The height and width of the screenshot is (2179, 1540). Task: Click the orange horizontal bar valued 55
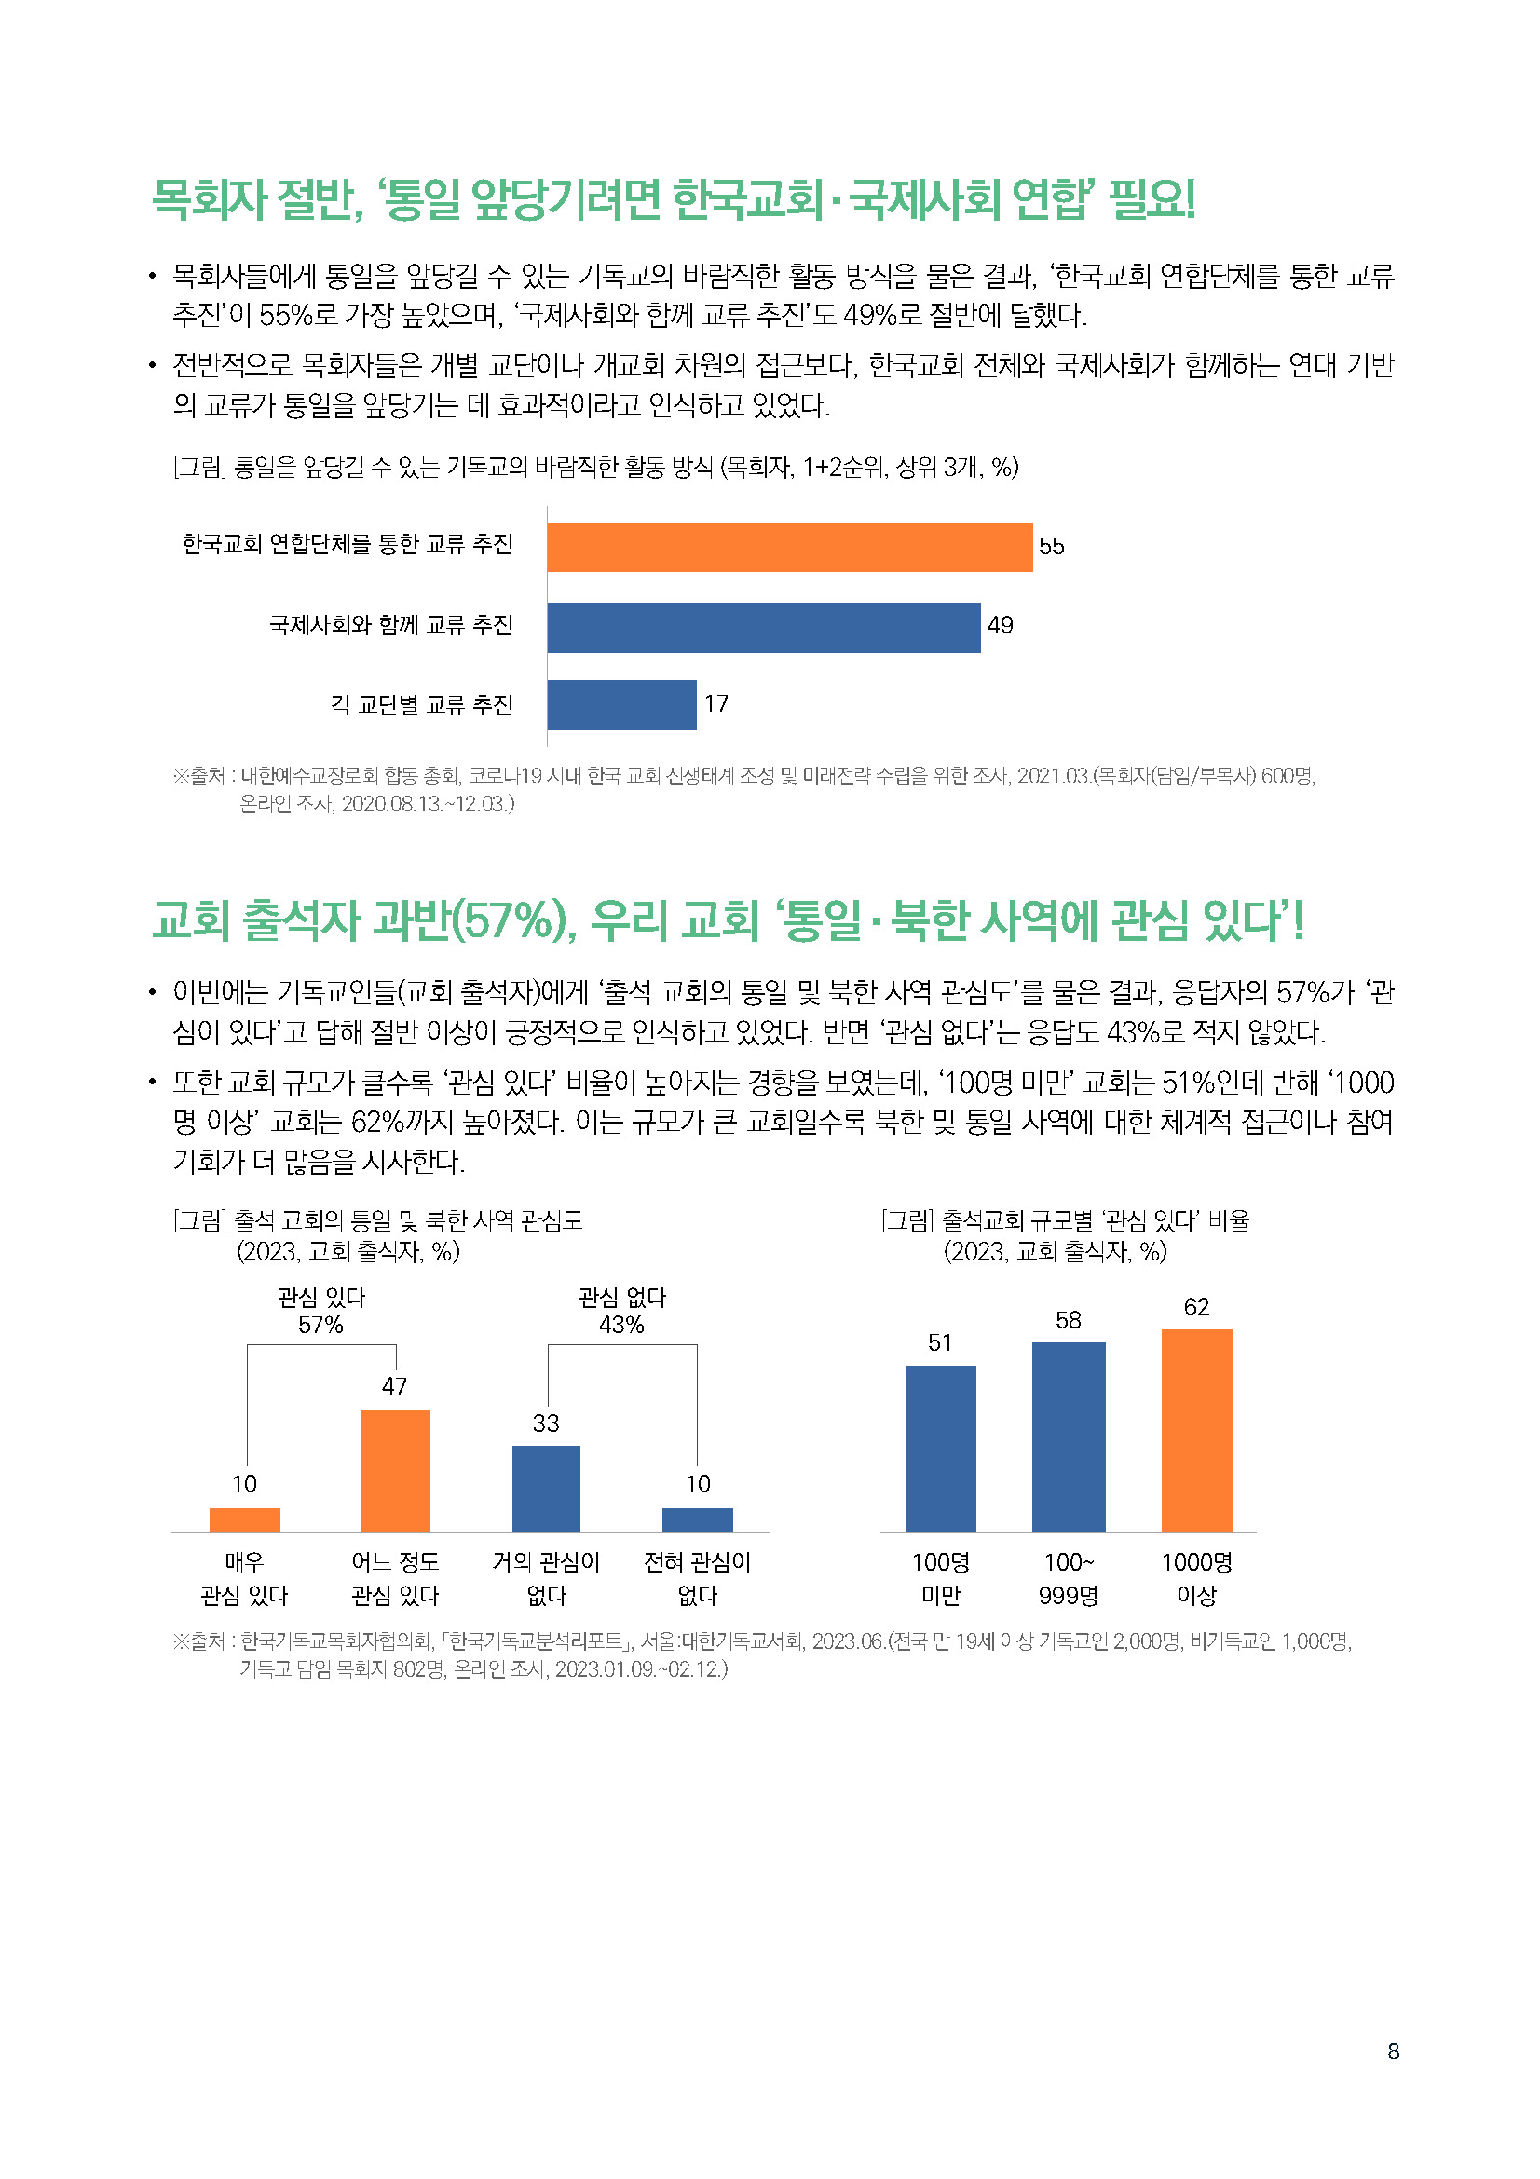788,547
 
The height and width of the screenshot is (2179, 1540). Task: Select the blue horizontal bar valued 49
763,627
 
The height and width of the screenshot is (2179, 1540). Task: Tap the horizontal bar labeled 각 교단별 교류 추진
621,705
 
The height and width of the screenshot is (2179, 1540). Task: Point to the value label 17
715,704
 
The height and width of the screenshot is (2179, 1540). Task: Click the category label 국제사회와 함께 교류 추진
390,625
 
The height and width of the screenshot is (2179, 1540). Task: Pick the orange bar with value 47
396,1470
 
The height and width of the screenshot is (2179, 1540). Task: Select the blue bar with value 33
546,1488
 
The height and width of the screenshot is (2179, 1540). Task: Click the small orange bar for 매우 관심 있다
245,1519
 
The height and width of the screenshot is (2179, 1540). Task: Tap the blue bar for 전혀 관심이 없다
698,1519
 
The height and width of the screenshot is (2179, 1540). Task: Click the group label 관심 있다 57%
320,1312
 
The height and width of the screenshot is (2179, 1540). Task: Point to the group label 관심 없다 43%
621,1312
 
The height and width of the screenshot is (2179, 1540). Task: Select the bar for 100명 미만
939,1449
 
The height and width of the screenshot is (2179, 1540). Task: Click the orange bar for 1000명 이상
1195,1430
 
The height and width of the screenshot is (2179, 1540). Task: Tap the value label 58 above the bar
1068,1320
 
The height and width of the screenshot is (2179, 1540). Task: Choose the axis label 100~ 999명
1068,1579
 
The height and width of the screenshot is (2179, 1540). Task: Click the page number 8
1392,2050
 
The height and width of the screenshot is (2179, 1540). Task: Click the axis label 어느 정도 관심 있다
395,1579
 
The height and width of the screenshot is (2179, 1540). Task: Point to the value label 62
1195,1307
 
